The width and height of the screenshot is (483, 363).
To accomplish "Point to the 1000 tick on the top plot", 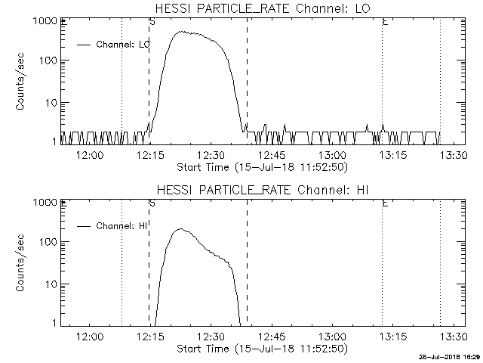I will (42, 21).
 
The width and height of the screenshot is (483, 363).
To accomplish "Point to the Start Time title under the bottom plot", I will (260, 348).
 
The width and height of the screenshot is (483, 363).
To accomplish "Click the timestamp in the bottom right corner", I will (449, 356).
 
